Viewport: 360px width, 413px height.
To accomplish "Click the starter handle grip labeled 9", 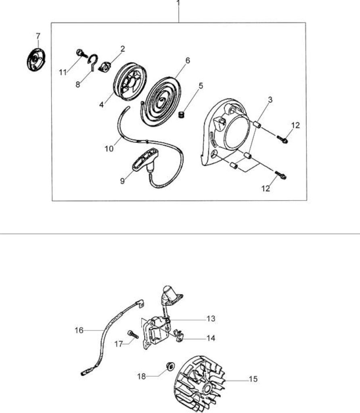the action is point(145,160).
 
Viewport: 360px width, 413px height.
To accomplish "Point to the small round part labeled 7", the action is point(36,60).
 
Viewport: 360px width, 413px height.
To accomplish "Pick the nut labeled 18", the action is point(170,366).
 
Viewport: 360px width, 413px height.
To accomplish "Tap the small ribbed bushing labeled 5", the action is point(181,115).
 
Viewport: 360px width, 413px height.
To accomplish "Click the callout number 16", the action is point(79,330).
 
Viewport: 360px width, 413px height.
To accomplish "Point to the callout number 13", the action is point(211,319).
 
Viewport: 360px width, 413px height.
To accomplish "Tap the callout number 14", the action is point(211,338).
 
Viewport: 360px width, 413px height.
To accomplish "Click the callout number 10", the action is point(109,149).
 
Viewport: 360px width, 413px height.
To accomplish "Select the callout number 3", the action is point(270,100).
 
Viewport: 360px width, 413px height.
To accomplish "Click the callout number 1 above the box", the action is point(178,3).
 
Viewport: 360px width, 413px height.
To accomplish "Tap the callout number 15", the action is point(253,379).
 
